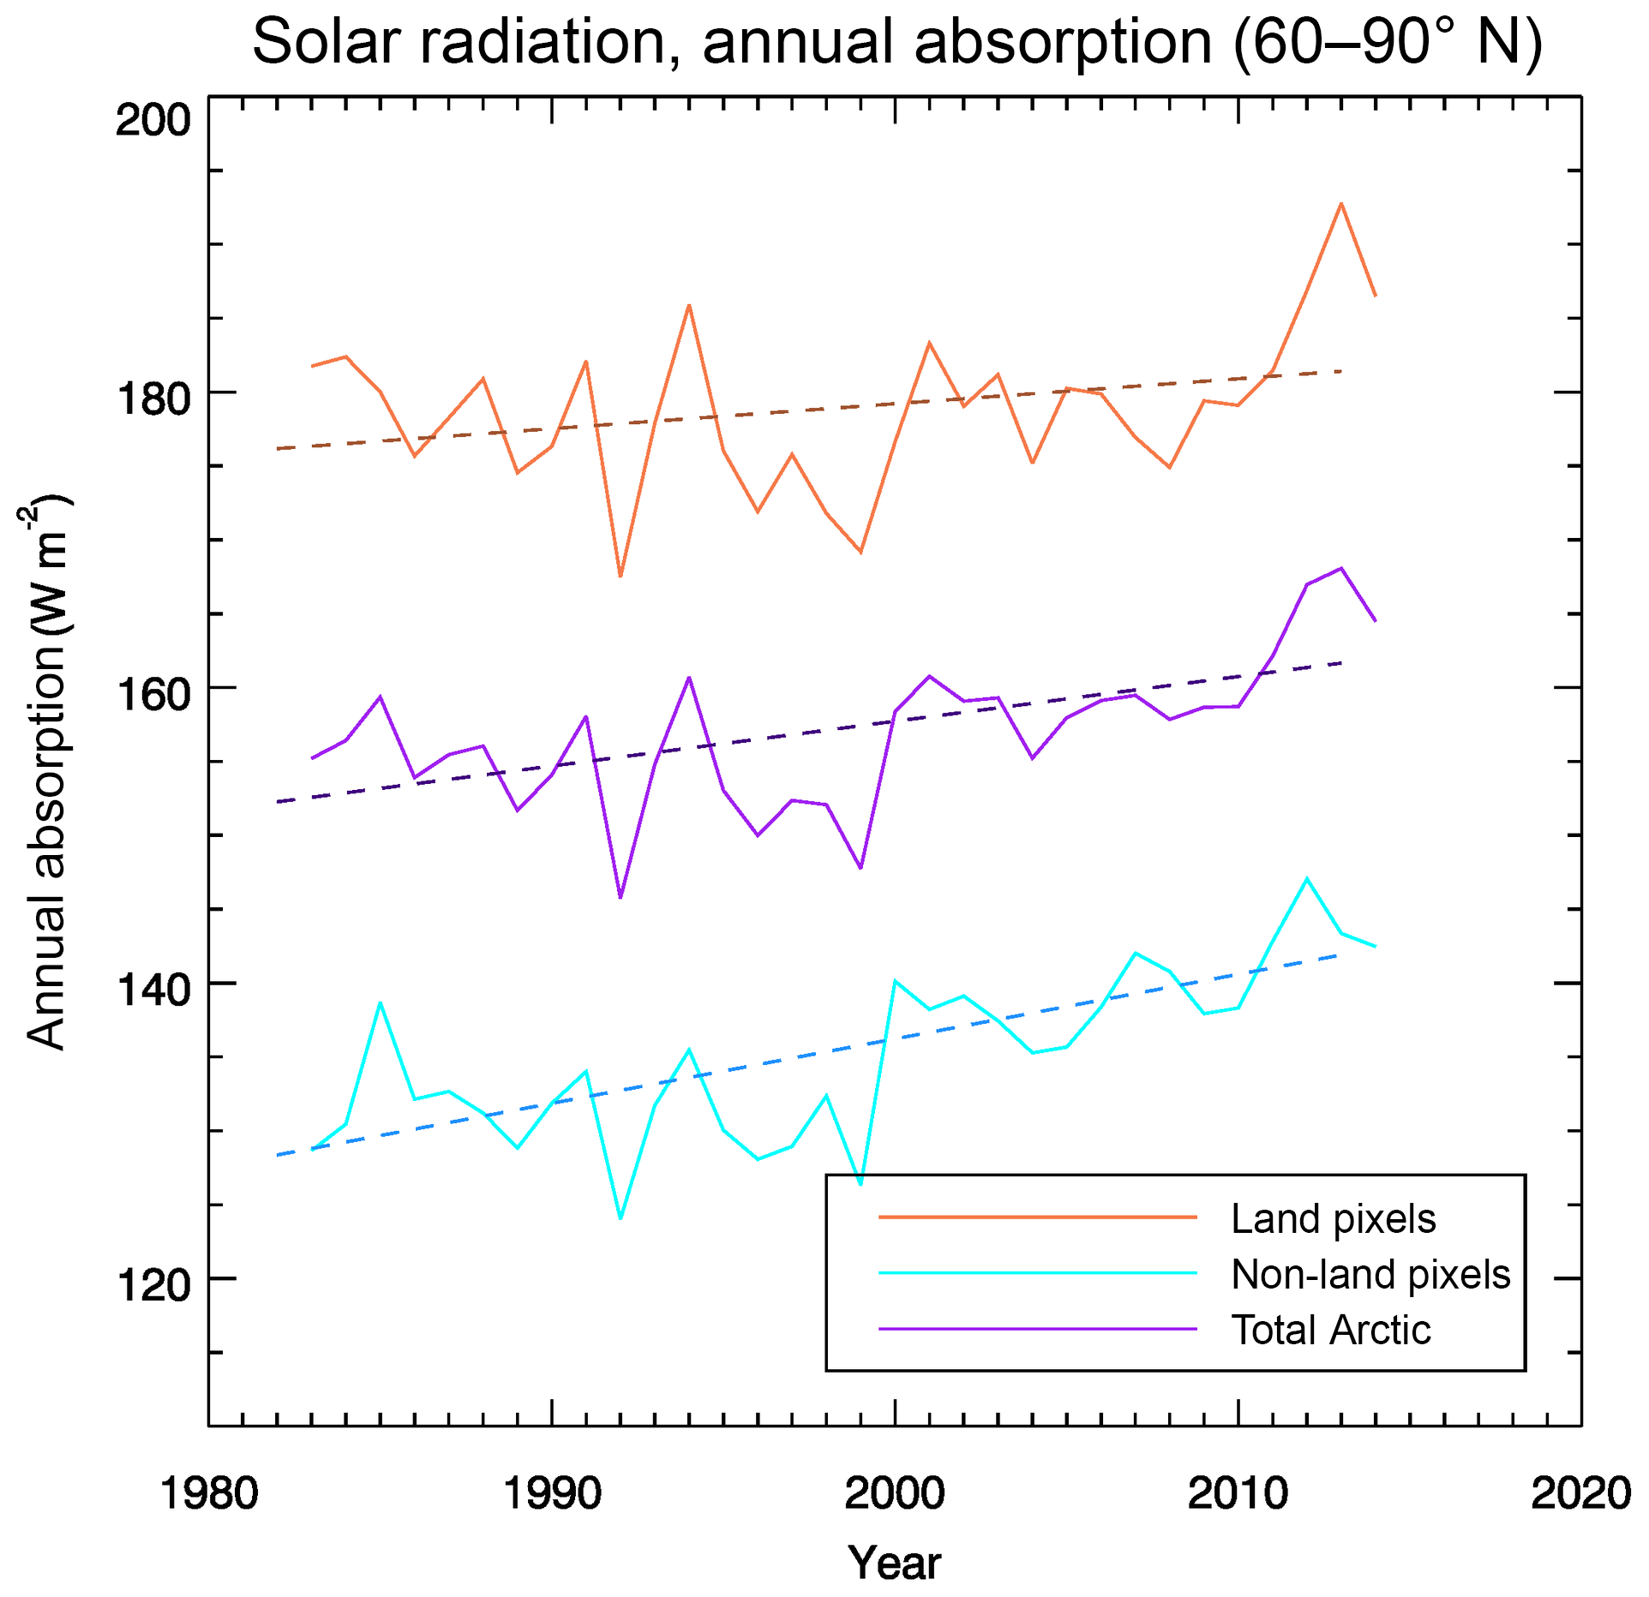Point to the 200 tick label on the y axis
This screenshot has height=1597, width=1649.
[x=153, y=120]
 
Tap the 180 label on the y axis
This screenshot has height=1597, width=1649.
[x=153, y=399]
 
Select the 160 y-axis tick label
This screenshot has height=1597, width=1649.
[x=153, y=695]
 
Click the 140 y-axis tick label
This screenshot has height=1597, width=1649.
[x=153, y=990]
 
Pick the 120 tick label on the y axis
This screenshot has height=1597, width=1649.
[x=153, y=1286]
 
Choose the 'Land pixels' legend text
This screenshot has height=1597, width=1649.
[x=1333, y=1219]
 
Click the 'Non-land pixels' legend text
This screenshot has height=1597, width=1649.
[x=1370, y=1275]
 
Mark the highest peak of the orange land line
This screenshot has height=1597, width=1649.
[x=1340, y=204]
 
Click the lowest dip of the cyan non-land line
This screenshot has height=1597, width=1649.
[x=621, y=1217]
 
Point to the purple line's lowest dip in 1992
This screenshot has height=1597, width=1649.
[x=621, y=897]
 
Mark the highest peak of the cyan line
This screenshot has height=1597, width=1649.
[x=1306, y=878]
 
